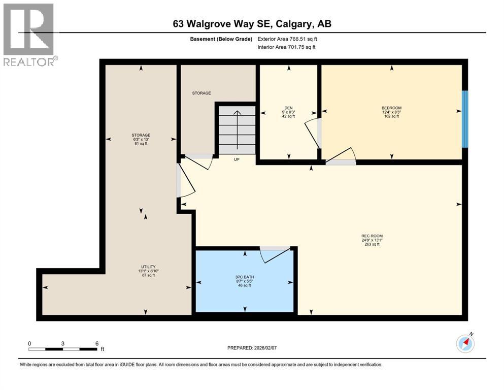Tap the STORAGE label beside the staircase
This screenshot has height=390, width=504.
201,93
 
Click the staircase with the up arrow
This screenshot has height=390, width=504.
237,129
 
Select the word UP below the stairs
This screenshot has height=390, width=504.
237,159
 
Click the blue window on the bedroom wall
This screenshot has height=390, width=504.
464,119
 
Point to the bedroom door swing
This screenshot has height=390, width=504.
343,155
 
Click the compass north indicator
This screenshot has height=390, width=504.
465,344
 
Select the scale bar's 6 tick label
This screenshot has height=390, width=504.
96,343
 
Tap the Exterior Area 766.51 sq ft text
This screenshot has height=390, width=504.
287,39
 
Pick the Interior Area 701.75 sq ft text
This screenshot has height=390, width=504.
287,47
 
